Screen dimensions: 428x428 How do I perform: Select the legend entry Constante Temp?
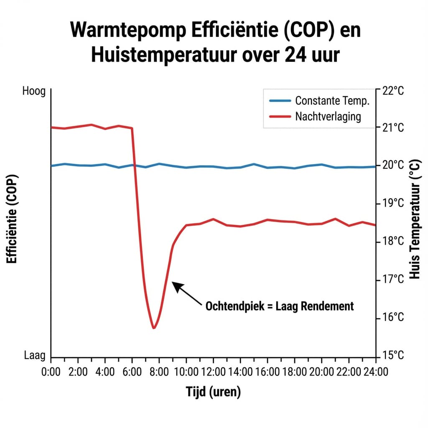332,101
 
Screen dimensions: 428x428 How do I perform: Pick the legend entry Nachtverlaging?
328,116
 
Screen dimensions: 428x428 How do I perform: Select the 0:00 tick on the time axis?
51,372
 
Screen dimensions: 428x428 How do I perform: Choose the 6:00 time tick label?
132,372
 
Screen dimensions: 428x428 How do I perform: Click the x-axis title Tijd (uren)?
213,392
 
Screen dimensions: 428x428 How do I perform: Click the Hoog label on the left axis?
33,91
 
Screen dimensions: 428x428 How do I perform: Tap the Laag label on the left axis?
35,356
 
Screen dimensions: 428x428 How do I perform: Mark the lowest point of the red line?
154,328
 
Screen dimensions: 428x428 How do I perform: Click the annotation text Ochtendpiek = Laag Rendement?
279,306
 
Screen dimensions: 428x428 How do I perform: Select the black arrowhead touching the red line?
176,286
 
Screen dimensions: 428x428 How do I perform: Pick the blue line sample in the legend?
280,101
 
